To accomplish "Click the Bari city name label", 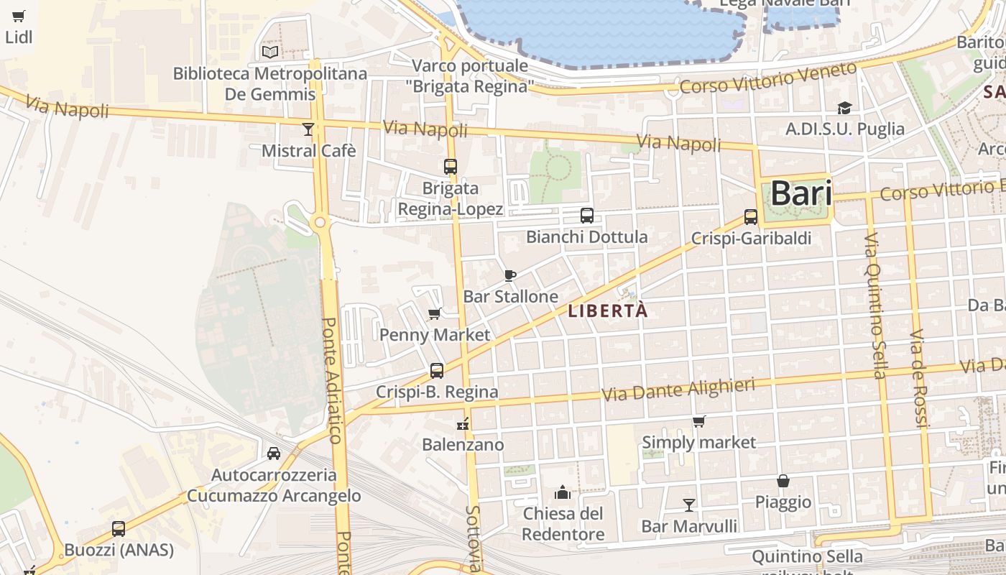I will (800, 193).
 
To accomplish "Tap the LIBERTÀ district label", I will (608, 311).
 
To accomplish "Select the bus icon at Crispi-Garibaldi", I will (751, 216).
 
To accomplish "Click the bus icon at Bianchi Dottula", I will (587, 215).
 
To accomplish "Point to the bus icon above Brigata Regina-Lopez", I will (451, 167).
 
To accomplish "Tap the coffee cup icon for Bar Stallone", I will (510, 275).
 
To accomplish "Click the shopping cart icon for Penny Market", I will (434, 313).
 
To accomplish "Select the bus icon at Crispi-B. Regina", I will (437, 371).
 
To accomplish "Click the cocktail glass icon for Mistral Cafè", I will (308, 129).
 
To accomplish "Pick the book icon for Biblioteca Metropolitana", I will (270, 52).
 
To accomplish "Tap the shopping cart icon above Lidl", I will (19, 16).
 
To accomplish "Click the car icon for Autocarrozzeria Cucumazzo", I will (274, 453).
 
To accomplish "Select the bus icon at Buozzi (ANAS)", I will (119, 529).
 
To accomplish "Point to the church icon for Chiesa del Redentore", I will (563, 492).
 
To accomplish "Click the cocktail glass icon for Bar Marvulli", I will (689, 505).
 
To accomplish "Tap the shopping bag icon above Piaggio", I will (783, 480).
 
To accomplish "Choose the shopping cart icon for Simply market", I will (698, 421).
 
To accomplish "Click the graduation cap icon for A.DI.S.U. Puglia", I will (844, 108).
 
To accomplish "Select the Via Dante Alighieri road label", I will (678, 390).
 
